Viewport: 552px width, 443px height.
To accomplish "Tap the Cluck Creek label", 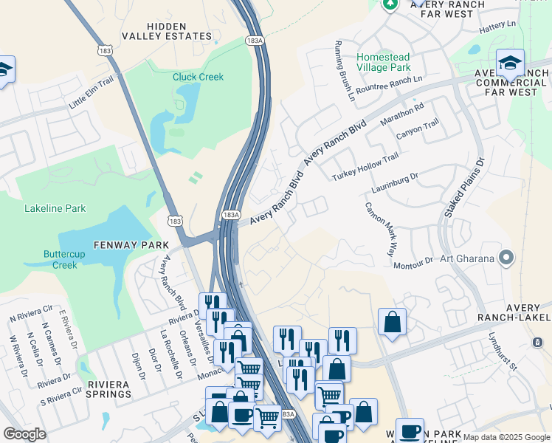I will [198, 77].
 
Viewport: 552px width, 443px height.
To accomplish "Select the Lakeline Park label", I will [55, 209].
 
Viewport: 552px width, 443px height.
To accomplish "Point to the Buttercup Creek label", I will [49, 259].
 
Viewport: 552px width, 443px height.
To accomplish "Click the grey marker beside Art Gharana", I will [506, 258].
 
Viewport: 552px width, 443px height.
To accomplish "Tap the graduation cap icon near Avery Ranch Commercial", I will [510, 63].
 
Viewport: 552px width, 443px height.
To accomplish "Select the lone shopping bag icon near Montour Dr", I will [392, 322].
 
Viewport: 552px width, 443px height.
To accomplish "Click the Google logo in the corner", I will [24, 434].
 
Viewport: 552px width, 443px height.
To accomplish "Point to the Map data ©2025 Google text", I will [506, 437].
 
